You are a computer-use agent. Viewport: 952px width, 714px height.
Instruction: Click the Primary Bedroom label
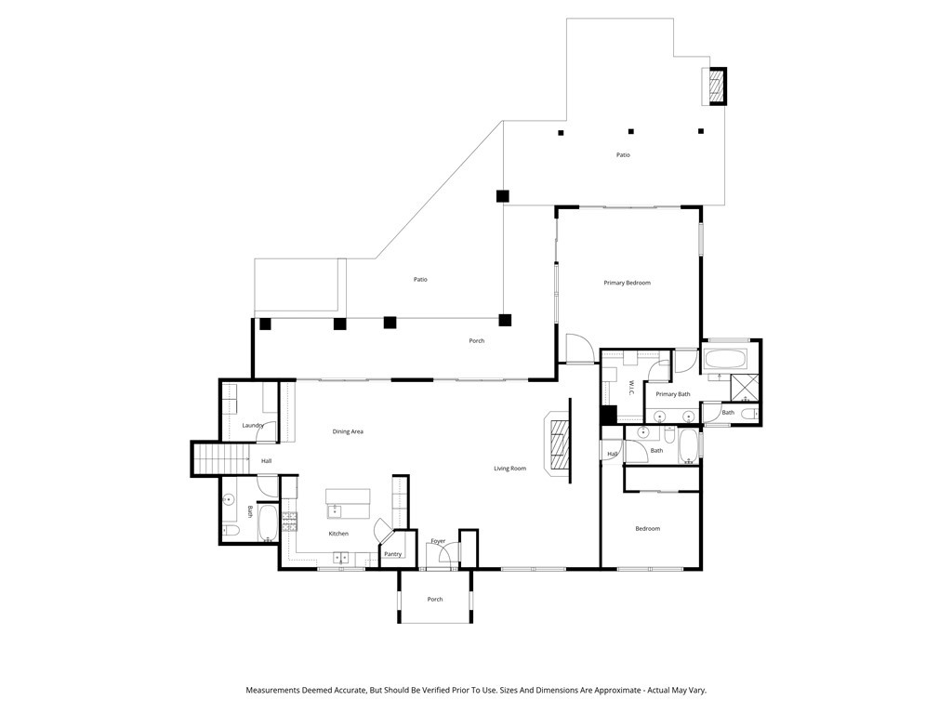point(627,283)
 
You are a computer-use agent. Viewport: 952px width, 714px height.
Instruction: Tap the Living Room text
point(510,469)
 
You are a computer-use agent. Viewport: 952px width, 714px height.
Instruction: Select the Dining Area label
point(348,431)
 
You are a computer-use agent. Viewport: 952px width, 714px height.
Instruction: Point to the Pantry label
point(393,554)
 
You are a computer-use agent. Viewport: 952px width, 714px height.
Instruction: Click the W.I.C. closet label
point(631,390)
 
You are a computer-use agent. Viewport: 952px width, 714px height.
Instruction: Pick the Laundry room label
point(253,425)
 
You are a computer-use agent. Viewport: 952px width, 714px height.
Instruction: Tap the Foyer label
point(439,541)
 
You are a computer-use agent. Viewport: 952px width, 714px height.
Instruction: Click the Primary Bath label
point(673,394)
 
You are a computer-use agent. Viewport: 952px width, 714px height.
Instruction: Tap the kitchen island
point(348,504)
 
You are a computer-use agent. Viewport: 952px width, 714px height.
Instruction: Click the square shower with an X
point(745,388)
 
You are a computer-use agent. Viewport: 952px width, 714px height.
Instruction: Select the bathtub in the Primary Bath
point(724,360)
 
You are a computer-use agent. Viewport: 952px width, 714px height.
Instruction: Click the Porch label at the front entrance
point(435,600)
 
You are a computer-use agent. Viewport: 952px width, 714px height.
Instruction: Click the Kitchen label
point(338,534)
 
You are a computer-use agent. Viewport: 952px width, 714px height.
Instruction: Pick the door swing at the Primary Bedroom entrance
point(579,349)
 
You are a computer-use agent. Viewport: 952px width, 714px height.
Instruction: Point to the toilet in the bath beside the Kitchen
point(231,531)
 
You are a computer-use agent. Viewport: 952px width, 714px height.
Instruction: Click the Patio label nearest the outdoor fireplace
point(623,155)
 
